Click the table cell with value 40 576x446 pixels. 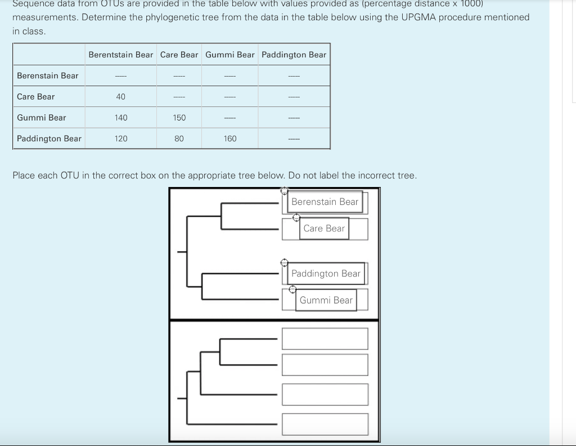[x=120, y=97]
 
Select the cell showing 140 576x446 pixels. [x=120, y=118]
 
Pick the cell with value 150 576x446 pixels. [x=179, y=118]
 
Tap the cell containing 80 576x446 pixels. [x=179, y=139]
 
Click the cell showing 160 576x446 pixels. [x=230, y=139]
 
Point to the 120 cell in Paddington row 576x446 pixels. [x=120, y=139]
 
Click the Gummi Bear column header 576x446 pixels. [x=230, y=55]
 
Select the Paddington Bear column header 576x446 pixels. [x=294, y=55]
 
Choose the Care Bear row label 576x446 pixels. [x=36, y=97]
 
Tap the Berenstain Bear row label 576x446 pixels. [x=48, y=75]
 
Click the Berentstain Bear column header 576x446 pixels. [x=120, y=55]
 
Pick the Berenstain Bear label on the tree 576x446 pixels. [x=325, y=202]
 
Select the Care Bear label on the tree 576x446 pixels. [x=323, y=228]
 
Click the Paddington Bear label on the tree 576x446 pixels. [x=326, y=273]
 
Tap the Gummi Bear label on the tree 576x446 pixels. [x=326, y=300]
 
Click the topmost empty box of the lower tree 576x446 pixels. [x=325, y=338]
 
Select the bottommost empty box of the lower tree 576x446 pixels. [x=325, y=424]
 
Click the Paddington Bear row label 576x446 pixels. [x=49, y=139]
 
